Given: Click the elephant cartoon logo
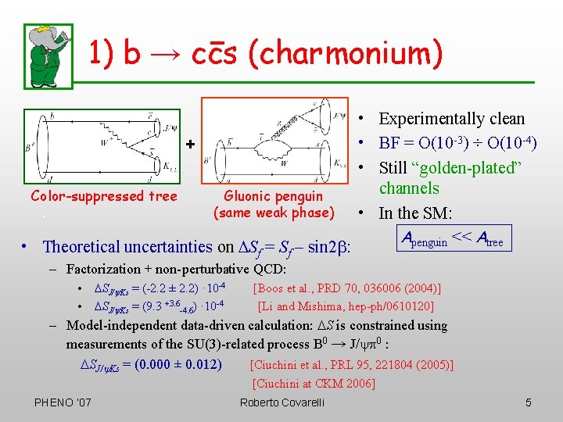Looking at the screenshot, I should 49,54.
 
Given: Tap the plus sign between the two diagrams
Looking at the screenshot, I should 190,144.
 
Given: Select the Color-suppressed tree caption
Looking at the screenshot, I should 104,196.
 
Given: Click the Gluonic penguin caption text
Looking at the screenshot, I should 274,204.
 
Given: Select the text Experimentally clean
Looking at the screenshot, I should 451,119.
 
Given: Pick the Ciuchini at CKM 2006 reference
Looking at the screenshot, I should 314,383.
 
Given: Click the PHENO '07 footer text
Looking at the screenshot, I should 63,402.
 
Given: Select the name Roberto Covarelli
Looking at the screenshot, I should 281,402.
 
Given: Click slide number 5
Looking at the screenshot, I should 529,402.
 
